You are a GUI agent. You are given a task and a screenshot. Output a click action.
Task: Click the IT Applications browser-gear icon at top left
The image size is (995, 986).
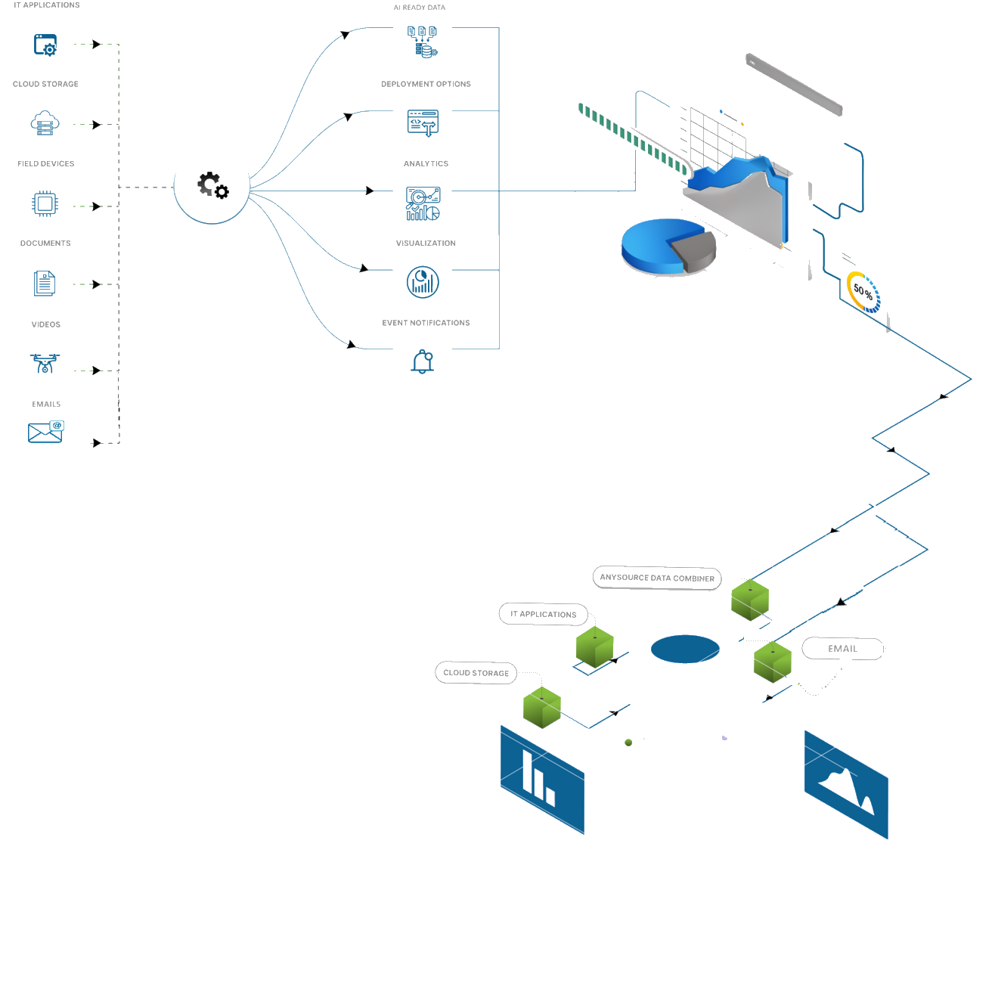(45, 45)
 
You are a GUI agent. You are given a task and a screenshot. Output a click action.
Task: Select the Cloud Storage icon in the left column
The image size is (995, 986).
(45, 123)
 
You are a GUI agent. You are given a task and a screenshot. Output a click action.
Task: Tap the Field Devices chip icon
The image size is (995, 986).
(45, 203)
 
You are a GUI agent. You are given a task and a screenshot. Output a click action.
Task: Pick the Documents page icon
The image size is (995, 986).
(45, 284)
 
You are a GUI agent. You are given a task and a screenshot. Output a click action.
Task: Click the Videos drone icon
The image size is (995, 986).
(45, 364)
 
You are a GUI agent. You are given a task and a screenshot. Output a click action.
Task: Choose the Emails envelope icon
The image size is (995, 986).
(45, 432)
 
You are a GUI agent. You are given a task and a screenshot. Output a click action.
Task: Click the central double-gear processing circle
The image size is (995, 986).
(212, 186)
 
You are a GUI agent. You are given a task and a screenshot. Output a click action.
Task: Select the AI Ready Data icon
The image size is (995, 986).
(422, 42)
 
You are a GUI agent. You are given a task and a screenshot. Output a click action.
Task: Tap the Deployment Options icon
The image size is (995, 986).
(422, 122)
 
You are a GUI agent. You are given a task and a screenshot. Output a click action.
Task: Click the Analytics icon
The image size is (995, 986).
(422, 203)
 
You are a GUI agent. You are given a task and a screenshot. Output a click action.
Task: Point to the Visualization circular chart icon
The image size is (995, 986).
(422, 283)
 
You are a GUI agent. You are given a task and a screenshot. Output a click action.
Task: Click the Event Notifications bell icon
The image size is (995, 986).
(422, 362)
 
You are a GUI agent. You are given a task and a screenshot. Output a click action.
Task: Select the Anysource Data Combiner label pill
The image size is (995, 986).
(656, 578)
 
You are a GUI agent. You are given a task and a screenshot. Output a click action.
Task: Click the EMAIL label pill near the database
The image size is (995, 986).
(842, 649)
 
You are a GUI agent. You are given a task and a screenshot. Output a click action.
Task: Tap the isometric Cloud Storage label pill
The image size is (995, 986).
(476, 672)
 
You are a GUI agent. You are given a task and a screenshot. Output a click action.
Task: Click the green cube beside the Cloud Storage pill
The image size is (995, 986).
(542, 708)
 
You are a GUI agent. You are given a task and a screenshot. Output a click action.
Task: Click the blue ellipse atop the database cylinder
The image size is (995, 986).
(685, 649)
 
